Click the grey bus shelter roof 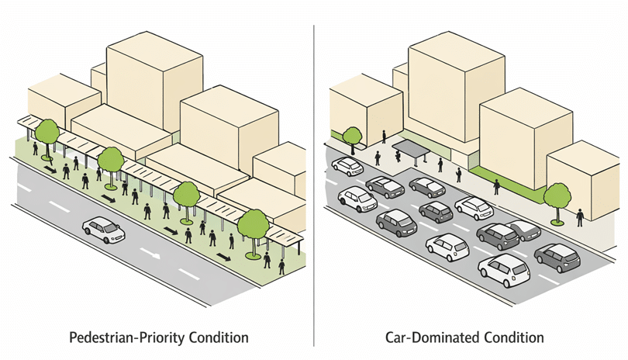tap(411, 147)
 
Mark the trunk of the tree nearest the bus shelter tap(354, 148)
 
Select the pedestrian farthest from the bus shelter tap(580, 216)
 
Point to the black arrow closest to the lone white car tap(110, 199)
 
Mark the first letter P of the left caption tap(74, 338)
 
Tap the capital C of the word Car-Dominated tap(390, 338)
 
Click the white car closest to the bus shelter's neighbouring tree tap(347, 166)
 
